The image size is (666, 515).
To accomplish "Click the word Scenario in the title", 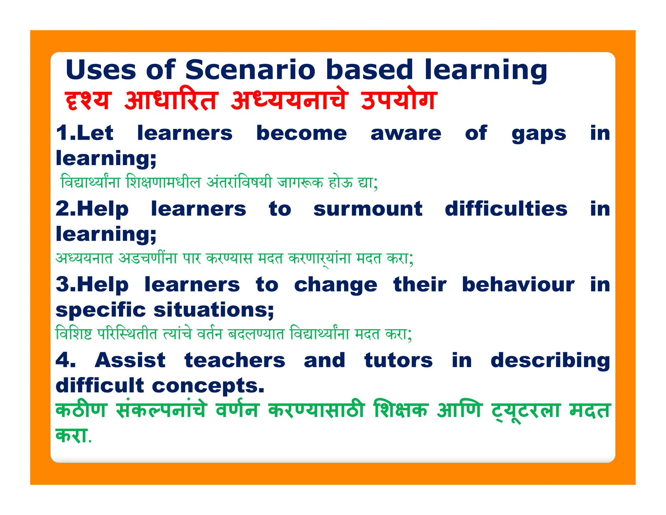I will point(250,70).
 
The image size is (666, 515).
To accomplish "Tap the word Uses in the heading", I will point(100,70).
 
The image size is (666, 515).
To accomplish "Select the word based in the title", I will point(369,70).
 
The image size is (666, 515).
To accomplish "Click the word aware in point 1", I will point(406,133).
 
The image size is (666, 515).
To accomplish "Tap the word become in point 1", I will point(301,133).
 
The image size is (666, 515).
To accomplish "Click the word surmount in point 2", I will point(368,209).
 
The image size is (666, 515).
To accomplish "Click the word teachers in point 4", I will point(235,360).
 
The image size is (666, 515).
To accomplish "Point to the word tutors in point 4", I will point(398,360).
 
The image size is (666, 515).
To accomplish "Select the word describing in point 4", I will point(550,361).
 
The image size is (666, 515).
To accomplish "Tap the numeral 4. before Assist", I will point(65,360).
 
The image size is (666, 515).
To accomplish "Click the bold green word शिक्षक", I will point(400,410).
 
